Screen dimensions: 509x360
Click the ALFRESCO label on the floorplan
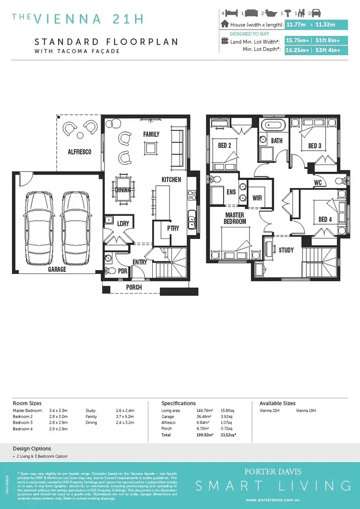pos(79,152)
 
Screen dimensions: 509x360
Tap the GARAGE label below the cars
pos(57,270)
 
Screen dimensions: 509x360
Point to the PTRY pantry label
pos(173,228)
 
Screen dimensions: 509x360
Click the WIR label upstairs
pos(257,198)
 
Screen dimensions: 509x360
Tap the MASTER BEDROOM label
pos(235,218)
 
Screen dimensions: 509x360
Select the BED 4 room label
pos(325,220)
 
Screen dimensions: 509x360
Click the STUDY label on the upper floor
pos(286,250)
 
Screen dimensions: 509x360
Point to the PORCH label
pos(134,287)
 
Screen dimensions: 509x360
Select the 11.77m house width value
pos(297,24)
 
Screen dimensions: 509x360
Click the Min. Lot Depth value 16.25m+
pos(297,50)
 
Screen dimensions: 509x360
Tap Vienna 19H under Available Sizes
pos(306,411)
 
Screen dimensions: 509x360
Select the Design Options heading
pos(32,449)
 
